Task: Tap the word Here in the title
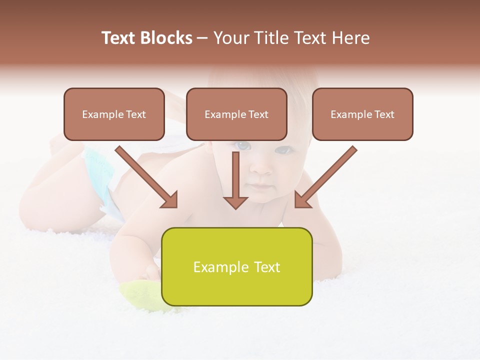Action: [351, 38]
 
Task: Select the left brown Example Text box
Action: [114, 114]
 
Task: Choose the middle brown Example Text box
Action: [236, 114]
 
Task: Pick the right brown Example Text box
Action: [362, 114]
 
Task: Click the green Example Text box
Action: [236, 266]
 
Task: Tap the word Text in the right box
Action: [384, 114]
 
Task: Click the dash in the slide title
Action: [202, 38]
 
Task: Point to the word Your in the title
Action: [229, 38]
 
